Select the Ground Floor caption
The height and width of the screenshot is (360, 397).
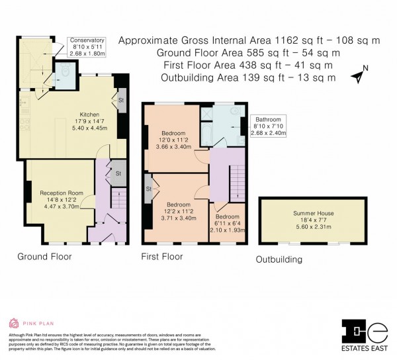tap(44, 257)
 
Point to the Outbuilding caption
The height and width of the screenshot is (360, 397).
tap(279, 259)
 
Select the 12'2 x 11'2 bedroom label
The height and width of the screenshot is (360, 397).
tap(179, 210)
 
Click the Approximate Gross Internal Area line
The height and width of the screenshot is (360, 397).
tap(249, 40)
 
